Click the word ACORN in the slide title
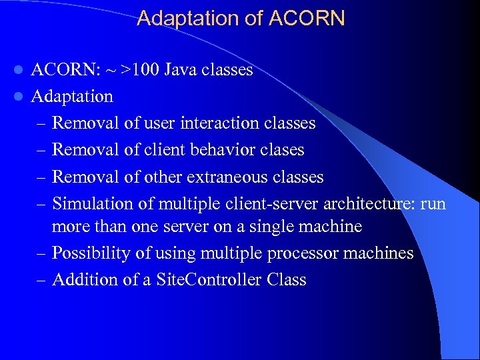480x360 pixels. tap(307, 19)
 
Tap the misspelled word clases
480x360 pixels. tap(283, 150)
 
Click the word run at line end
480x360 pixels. tap(433, 203)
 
